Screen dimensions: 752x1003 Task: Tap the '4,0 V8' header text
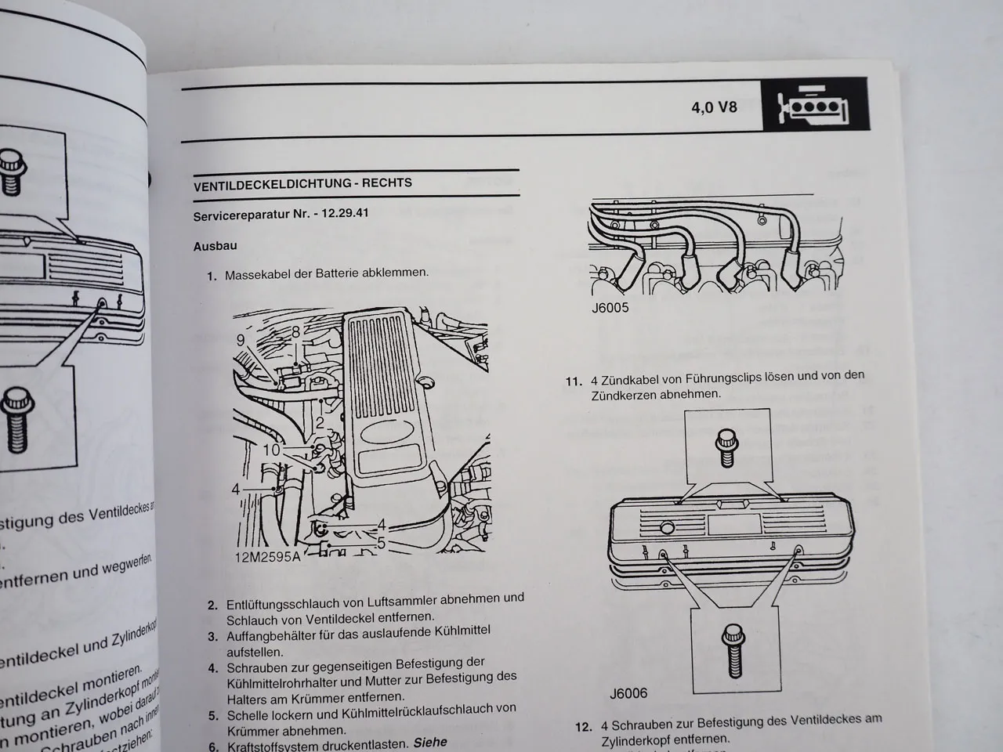tap(714, 107)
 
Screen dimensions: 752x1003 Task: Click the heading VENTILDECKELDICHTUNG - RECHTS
tap(302, 183)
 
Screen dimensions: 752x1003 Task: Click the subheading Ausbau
tap(215, 246)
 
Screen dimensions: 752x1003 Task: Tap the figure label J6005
tap(610, 308)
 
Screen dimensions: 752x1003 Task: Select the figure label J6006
tap(628, 693)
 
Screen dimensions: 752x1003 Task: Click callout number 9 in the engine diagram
tap(241, 340)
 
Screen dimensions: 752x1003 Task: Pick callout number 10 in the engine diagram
tap(270, 450)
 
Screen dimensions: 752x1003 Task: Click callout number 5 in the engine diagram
tap(381, 542)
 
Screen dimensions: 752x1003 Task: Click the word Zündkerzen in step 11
tap(624, 394)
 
